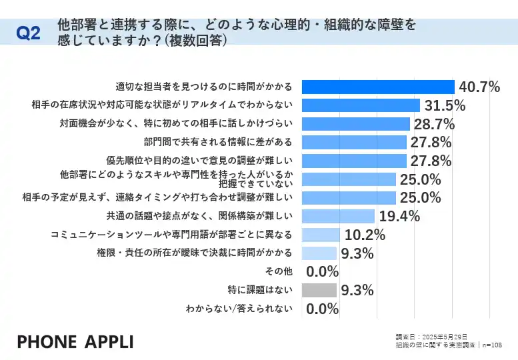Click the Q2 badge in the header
coord(28,34)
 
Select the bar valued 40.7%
coord(378,87)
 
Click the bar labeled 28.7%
coord(355,123)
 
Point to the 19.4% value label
coord(399,216)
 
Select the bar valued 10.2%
coord(321,234)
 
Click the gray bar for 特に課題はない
coord(319,290)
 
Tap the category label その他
coord(279,271)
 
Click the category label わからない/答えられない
coord(239,308)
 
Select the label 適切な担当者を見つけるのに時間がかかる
coord(204,87)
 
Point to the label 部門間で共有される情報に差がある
coord(218,142)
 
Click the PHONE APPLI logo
coord(75,342)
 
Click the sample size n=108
coord(491,345)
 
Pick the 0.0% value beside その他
coord(322,272)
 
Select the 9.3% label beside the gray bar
coord(357,290)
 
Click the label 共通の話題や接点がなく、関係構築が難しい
coord(199,216)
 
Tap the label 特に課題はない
coord(260,290)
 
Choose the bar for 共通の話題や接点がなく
coord(338,216)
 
